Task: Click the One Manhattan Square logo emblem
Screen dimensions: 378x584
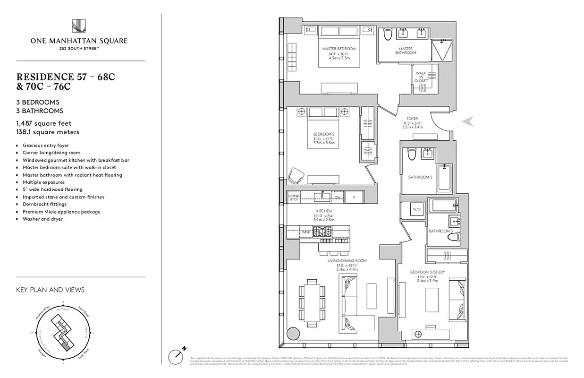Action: tap(78, 27)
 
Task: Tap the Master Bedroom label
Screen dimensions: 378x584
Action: tap(339, 49)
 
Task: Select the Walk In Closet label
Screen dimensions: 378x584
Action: tap(421, 77)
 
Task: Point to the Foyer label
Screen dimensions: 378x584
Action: tap(412, 119)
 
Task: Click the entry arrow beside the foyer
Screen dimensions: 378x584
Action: tap(467, 121)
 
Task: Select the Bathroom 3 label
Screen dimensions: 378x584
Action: tap(440, 231)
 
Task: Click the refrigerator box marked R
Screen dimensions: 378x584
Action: tap(354, 196)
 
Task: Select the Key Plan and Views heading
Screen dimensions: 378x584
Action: tap(50, 290)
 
